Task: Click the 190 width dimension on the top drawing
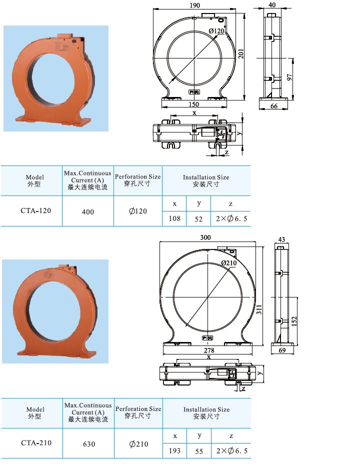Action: coord(195,5)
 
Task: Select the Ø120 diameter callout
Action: coord(216,31)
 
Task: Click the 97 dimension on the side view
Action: coord(289,78)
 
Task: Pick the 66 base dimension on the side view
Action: coord(274,106)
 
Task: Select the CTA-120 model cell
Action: coord(35,210)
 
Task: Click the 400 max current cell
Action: coord(87,212)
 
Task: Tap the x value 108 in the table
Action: coord(174,218)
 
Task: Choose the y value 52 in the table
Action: coord(198,218)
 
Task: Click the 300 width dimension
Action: coord(205,237)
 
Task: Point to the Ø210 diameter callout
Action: coord(228,263)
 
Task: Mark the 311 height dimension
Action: coord(259,310)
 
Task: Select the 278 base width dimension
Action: coord(209,350)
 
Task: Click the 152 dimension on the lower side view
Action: coord(294,319)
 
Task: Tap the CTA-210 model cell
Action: coord(36,442)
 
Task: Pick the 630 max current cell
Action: coord(88,444)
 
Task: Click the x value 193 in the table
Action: coord(175,450)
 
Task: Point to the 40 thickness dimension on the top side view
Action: coord(272,4)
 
